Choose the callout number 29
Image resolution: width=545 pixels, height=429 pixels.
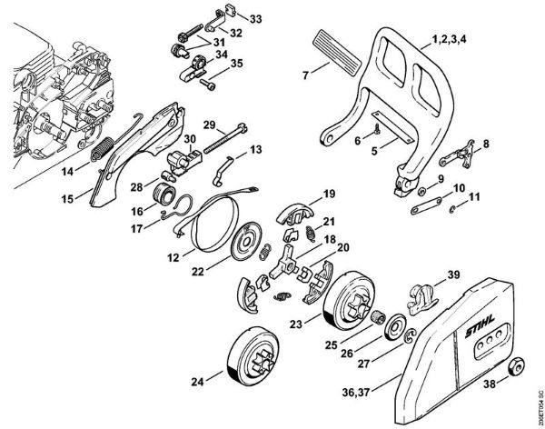click(x=208, y=124)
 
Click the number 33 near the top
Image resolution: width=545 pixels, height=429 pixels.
click(x=254, y=19)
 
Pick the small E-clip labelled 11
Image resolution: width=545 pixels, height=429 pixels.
click(x=451, y=210)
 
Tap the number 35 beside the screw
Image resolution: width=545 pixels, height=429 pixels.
click(x=237, y=64)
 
